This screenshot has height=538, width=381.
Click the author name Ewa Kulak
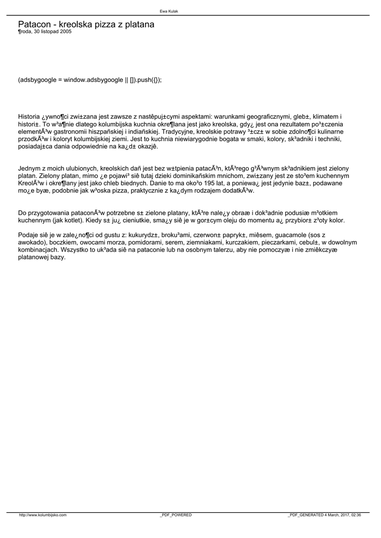(x=169, y=11)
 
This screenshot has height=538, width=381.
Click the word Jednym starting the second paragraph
(x=29, y=168)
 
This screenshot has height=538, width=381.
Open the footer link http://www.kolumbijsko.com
(x=43, y=515)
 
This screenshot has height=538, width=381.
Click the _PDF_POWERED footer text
(x=176, y=515)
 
